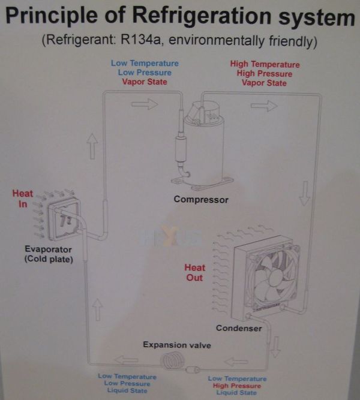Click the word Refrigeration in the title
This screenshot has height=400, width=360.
tap(202, 16)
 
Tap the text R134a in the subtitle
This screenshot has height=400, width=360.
tap(140, 40)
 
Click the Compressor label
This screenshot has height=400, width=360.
tap(201, 200)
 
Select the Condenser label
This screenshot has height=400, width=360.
tap(239, 328)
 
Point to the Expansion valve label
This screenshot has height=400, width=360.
tap(177, 345)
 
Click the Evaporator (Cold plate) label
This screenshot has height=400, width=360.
tap(49, 254)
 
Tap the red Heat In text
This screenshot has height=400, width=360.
tap(23, 199)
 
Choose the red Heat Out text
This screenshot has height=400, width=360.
tap(194, 272)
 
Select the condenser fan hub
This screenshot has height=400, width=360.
tap(274, 277)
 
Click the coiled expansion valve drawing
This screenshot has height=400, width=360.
tap(173, 360)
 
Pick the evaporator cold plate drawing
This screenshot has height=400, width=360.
tap(64, 219)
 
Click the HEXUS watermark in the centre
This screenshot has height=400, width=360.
tap(170, 236)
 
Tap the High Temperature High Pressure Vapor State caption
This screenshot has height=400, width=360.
tap(265, 74)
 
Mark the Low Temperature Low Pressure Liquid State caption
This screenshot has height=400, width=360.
tap(127, 383)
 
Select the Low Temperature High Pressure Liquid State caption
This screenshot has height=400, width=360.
tap(237, 386)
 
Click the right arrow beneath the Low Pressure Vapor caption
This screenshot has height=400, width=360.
tap(145, 104)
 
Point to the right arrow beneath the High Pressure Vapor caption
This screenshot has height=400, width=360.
tap(264, 106)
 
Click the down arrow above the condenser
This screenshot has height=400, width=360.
tap(305, 193)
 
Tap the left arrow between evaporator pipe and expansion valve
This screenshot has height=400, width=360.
tap(127, 360)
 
